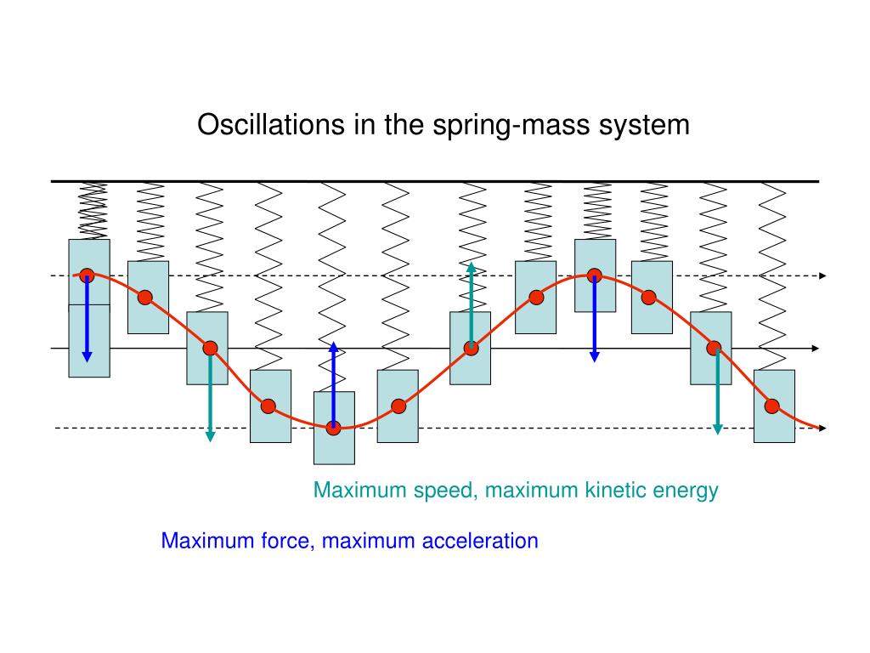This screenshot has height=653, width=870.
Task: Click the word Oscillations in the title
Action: click(x=260, y=125)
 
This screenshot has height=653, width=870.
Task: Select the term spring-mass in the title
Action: click(x=494, y=125)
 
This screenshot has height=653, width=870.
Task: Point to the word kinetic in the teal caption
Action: click(x=616, y=491)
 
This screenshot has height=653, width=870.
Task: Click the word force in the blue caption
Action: click(x=289, y=541)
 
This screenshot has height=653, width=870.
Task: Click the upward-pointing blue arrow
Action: click(x=334, y=383)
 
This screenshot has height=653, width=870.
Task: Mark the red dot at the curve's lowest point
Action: click(x=334, y=428)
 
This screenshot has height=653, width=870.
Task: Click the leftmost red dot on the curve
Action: click(x=87, y=275)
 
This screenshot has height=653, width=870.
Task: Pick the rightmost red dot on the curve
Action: click(x=772, y=406)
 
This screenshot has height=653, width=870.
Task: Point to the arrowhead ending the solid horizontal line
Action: click(x=815, y=349)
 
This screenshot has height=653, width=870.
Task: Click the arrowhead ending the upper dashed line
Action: click(x=822, y=275)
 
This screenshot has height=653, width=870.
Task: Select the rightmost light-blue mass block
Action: click(x=774, y=406)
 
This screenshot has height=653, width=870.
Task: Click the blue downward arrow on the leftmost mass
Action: click(x=87, y=319)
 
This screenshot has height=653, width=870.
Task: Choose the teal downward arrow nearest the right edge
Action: click(x=718, y=391)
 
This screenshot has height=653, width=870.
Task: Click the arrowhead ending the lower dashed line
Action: click(x=822, y=428)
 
